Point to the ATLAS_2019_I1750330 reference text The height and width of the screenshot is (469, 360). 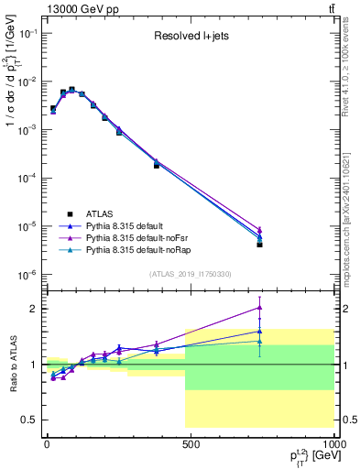[191, 274]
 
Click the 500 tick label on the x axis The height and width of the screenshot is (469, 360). [191, 444]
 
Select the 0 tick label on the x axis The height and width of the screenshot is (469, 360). [47, 444]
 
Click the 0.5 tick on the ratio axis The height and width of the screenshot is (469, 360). [28, 420]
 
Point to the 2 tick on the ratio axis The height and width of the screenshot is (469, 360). [32, 309]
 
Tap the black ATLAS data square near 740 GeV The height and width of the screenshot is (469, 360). [260, 245]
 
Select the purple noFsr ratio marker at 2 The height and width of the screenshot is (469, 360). [260, 308]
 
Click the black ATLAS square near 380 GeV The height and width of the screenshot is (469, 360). [157, 166]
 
